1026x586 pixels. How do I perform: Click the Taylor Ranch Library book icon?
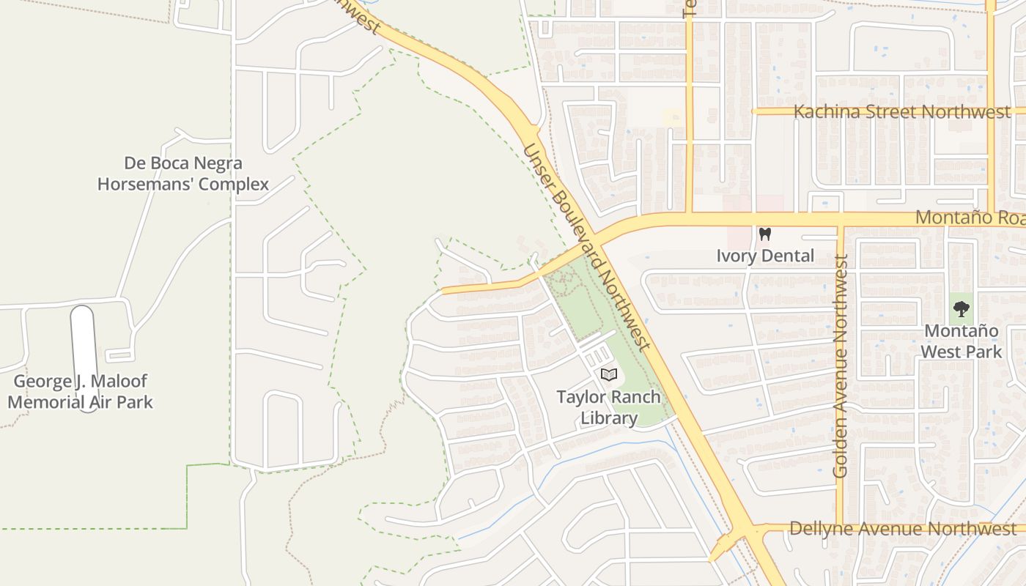pos(608,374)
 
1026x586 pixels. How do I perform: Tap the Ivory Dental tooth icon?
pos(765,234)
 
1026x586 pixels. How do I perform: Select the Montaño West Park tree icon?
pos(962,309)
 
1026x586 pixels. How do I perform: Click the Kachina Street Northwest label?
pos(902,112)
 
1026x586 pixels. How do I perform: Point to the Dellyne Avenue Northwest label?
pos(903,529)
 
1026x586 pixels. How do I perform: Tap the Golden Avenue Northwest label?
pos(841,366)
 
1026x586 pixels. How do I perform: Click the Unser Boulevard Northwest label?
pos(586,247)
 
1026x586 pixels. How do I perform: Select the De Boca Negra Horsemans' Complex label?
pos(183,174)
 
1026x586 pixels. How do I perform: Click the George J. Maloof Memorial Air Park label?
pos(81,391)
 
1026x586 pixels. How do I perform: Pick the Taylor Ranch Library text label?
pos(608,408)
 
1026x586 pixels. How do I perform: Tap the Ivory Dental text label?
pos(765,256)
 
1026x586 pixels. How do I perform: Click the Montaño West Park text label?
pos(961,341)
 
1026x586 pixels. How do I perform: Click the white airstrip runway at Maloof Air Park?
pos(83,344)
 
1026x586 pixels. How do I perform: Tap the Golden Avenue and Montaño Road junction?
pos(841,220)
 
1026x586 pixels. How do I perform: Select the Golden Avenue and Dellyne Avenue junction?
pos(841,528)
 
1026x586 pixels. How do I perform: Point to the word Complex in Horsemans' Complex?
pos(225,184)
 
